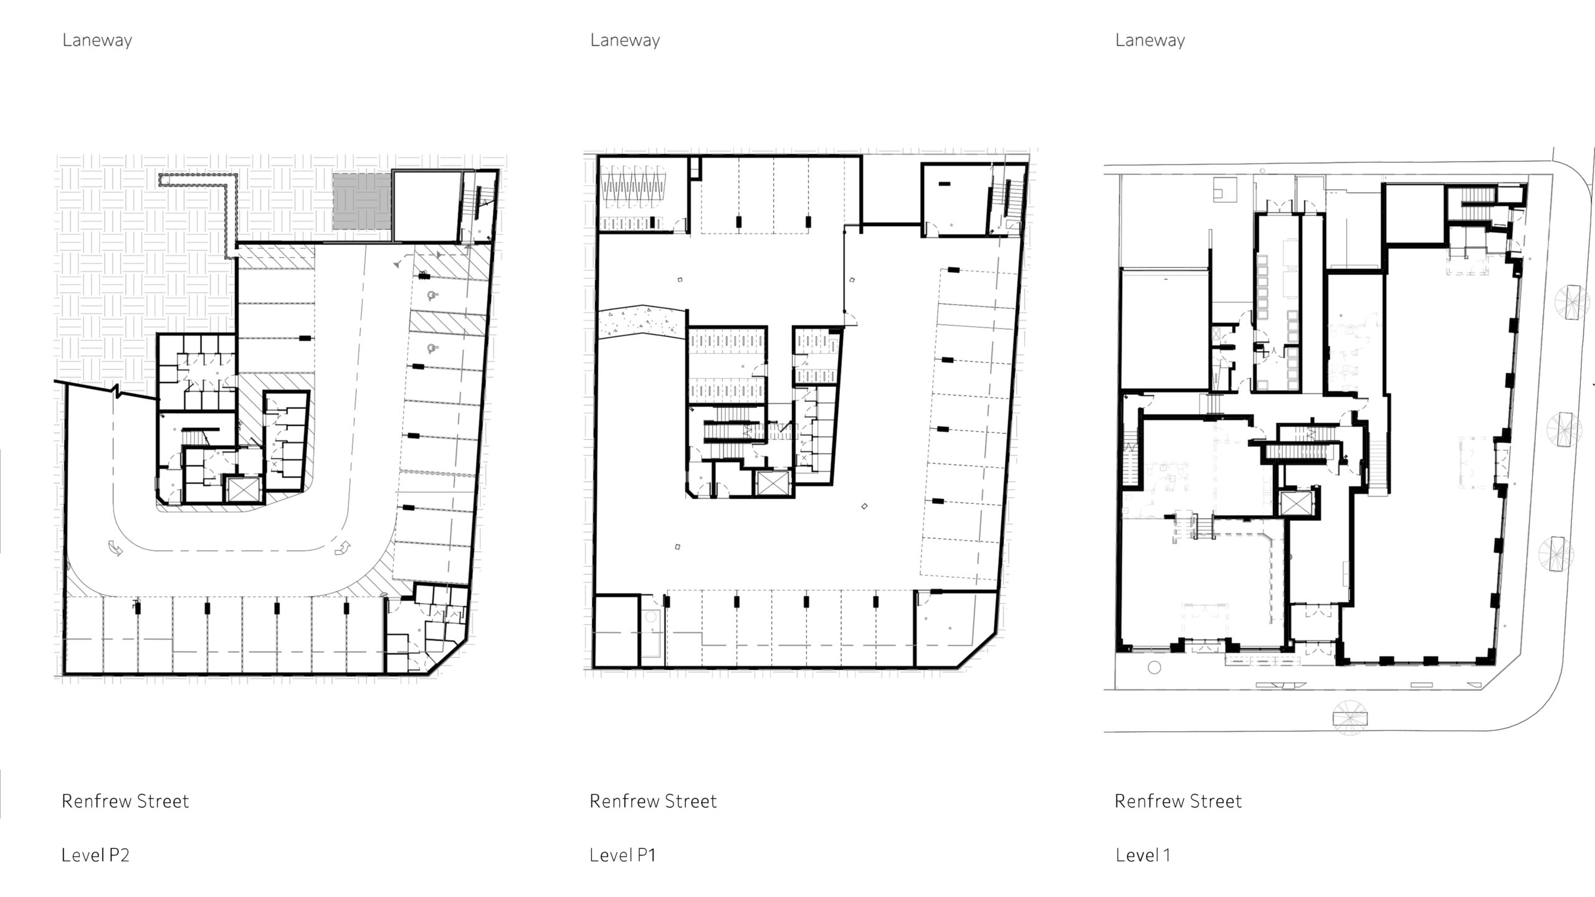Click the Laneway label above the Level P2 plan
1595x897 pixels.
[97, 41]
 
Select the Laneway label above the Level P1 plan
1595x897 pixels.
[625, 41]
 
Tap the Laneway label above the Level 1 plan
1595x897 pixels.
[1150, 41]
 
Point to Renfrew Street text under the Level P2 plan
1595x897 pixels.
[125, 801]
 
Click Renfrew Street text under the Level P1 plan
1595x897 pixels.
[654, 801]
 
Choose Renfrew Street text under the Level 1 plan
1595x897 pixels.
[1178, 801]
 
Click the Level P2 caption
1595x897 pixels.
[95, 855]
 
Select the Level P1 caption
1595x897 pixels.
[623, 855]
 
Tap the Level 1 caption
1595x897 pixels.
[1143, 855]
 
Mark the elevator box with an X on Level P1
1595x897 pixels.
[773, 483]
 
